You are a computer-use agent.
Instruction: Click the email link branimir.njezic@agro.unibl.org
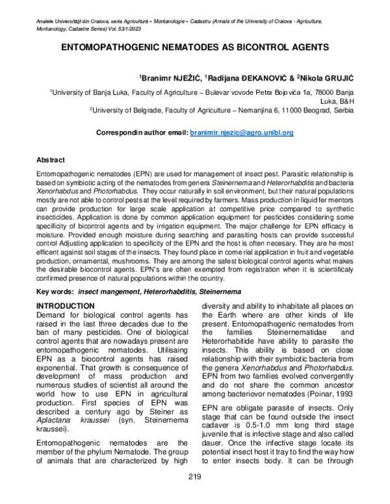pyautogui.click(x=242, y=132)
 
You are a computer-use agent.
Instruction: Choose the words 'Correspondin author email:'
pyautogui.click(x=142, y=132)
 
